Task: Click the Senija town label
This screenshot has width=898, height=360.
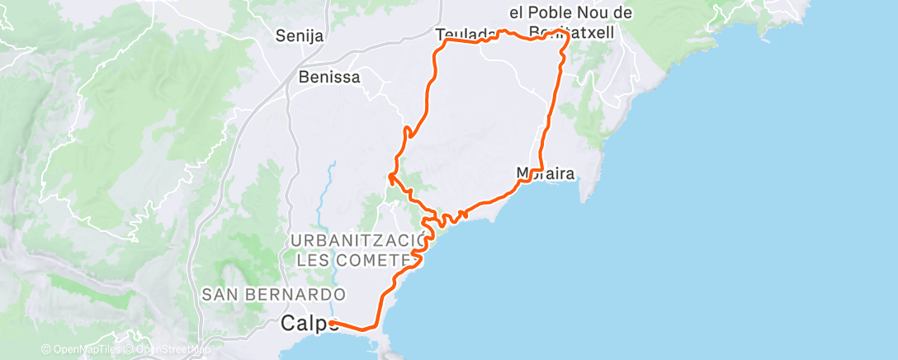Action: [300, 36]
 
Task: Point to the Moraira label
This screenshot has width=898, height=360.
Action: [544, 173]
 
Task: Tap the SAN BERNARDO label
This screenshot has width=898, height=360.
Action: [272, 294]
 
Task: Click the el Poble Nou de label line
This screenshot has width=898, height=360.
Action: [570, 13]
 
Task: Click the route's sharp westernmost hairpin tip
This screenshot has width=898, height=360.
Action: [389, 176]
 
